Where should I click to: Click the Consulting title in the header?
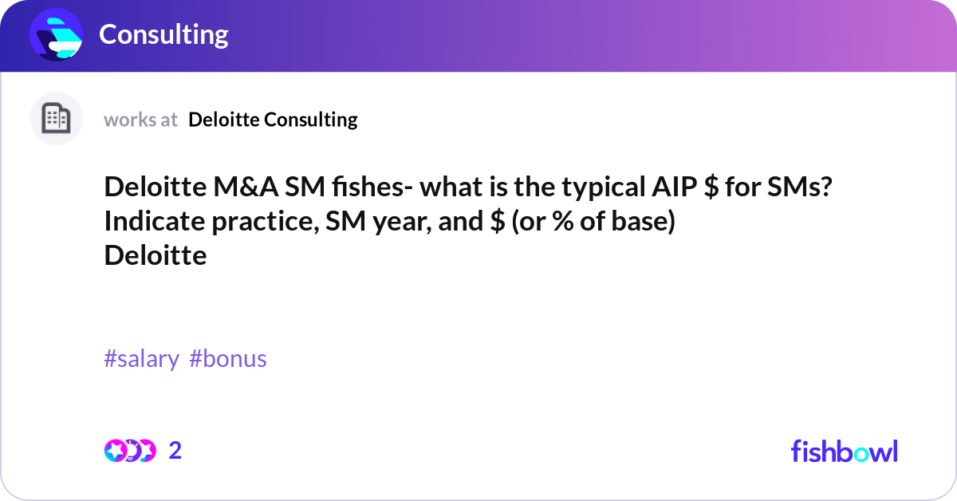[x=163, y=34]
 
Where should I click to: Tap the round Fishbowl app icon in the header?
[x=57, y=35]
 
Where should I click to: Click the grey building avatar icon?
[x=56, y=119]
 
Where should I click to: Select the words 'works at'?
[x=140, y=120]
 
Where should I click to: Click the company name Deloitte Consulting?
[x=273, y=120]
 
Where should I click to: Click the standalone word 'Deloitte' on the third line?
[x=155, y=255]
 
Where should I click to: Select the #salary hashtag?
[x=141, y=359]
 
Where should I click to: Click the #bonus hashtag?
[x=228, y=359]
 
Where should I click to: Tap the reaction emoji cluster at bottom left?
[x=129, y=451]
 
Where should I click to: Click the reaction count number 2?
[x=175, y=451]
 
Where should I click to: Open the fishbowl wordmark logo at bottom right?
[x=844, y=451]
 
